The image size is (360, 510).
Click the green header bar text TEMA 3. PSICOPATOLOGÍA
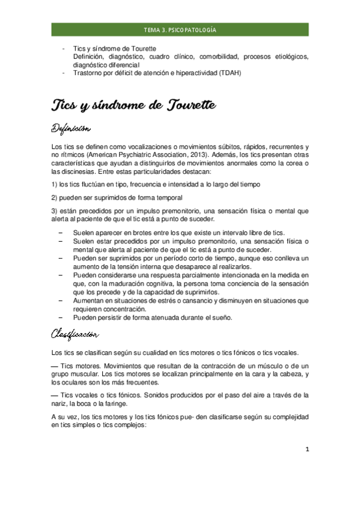(x=180, y=29)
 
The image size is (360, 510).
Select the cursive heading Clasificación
(x=75, y=333)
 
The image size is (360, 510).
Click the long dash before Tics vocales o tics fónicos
(x=55, y=395)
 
